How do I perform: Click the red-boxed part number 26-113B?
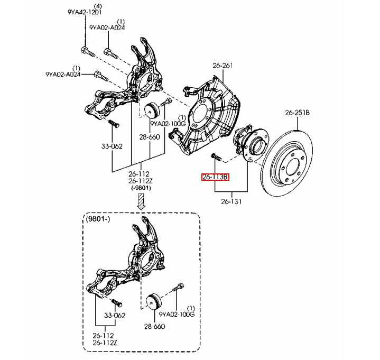coord(215,177)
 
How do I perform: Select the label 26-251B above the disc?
coord(298,113)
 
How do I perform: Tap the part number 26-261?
coord(223,66)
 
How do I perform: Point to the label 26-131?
coord(230,201)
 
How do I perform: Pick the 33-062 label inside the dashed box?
coord(114,316)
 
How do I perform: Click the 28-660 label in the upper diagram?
coord(150,137)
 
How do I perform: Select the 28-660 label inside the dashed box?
coord(154,326)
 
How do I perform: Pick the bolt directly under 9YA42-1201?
coord(86,52)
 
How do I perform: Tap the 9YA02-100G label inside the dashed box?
coord(177,314)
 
